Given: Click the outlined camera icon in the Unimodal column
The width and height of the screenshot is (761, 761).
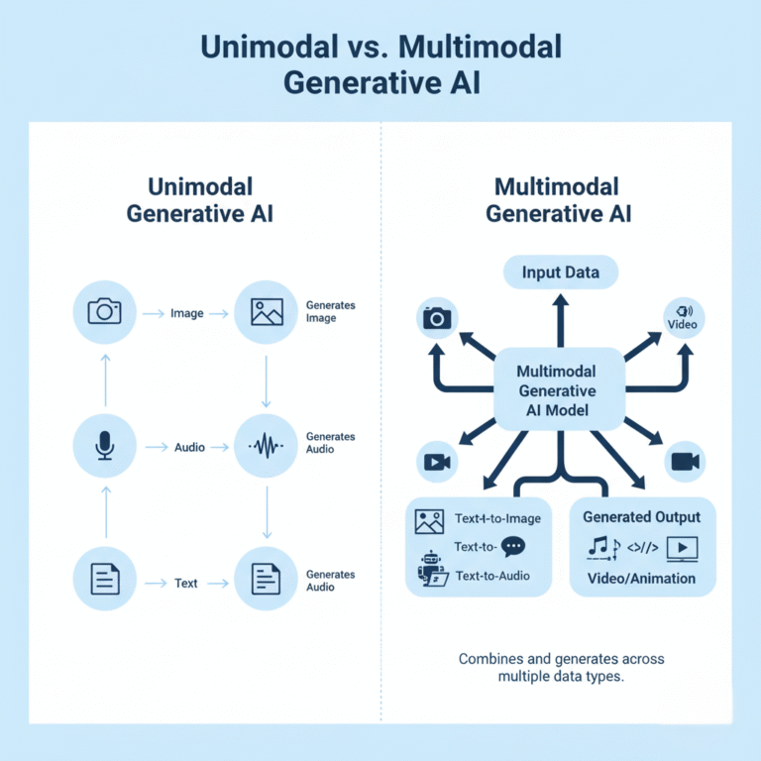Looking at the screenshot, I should pyautogui.click(x=104, y=313).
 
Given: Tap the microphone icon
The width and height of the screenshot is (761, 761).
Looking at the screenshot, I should pyautogui.click(x=104, y=447).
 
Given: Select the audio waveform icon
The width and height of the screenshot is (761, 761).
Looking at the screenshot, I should pyautogui.click(x=266, y=447).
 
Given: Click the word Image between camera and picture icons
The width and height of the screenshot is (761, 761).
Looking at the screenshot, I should pyautogui.click(x=186, y=313).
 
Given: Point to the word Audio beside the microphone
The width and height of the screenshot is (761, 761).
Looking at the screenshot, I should pyautogui.click(x=189, y=447).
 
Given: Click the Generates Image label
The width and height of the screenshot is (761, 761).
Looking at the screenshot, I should pyautogui.click(x=330, y=311).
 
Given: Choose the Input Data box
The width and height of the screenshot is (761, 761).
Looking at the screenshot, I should pyautogui.click(x=561, y=272).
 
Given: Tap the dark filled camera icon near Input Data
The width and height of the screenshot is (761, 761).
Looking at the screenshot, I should pyautogui.click(x=437, y=318).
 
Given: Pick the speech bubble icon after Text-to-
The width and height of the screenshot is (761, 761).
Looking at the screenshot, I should pyautogui.click(x=513, y=546).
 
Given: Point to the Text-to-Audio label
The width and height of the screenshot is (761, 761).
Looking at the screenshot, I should pyautogui.click(x=491, y=575).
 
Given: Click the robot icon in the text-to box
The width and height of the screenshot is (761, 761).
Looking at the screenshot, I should pyautogui.click(x=430, y=570).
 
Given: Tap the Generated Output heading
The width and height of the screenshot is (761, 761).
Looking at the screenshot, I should pyautogui.click(x=641, y=516).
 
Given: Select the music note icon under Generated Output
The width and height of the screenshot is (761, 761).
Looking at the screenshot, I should pyautogui.click(x=600, y=547).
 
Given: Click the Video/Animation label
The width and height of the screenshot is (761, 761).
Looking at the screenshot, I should pyautogui.click(x=641, y=578).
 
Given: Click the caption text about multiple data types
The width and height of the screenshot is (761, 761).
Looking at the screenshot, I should pyautogui.click(x=561, y=667).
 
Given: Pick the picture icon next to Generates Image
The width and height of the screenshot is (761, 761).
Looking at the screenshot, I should pyautogui.click(x=266, y=313).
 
